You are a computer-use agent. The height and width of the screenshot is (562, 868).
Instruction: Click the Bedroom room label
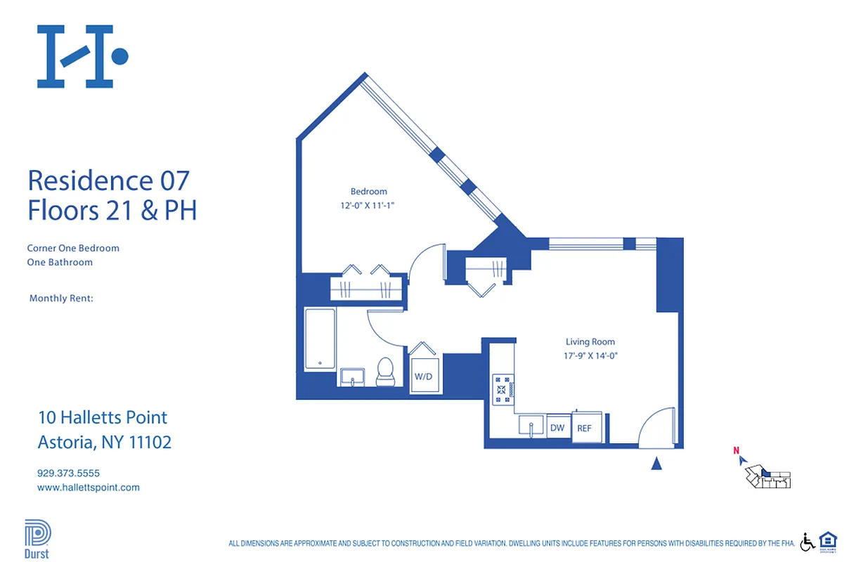[368, 191]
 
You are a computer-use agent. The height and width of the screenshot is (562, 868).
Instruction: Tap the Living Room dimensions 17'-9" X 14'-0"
[590, 355]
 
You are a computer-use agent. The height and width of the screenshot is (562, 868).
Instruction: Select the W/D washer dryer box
[424, 376]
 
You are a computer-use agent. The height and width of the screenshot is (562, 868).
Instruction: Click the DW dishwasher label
[557, 427]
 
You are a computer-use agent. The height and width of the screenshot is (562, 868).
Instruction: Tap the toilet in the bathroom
[385, 372]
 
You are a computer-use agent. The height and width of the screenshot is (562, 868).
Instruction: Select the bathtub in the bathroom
[320, 339]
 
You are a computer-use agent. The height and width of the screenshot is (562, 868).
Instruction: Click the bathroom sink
[351, 377]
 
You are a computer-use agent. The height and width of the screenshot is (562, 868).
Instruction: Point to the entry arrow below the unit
[656, 463]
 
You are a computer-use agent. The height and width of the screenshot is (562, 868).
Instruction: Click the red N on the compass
[736, 451]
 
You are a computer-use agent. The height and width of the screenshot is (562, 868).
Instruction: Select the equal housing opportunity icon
[828, 542]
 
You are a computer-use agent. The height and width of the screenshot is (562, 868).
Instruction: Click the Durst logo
[37, 538]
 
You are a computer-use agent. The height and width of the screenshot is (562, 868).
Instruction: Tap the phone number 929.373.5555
[69, 473]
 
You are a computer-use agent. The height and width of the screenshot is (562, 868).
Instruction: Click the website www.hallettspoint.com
[88, 487]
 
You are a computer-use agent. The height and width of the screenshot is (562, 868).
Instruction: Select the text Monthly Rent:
[61, 299]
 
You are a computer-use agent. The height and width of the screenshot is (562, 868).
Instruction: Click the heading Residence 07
[108, 181]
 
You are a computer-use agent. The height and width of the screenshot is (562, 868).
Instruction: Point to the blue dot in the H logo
[120, 55]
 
